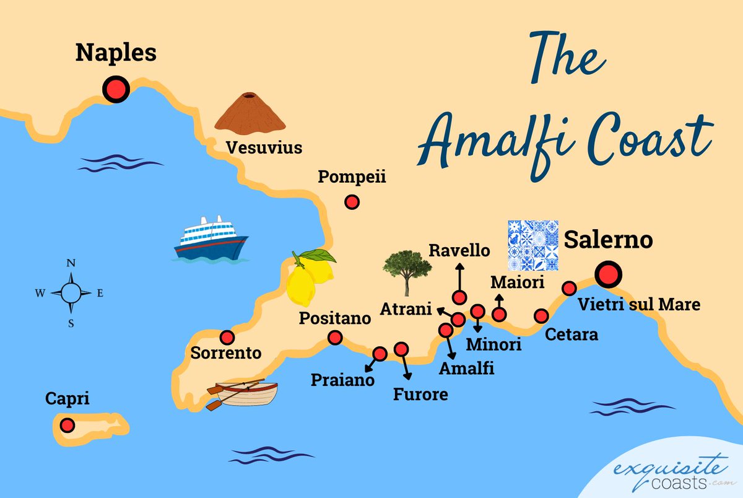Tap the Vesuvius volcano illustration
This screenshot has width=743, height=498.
click(250, 113)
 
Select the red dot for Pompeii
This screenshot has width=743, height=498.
click(352, 202)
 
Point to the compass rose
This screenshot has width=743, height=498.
click(71, 293)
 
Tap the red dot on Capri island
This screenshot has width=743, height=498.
click(67, 426)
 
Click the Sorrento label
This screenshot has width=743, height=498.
click(226, 354)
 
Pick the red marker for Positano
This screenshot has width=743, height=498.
click(335, 338)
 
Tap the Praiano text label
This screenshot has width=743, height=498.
click(343, 380)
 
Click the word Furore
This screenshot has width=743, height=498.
click(420, 394)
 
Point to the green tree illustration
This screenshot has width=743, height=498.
click(407, 271)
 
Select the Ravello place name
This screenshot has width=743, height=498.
click(459, 251)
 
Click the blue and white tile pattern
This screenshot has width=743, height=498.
click(532, 246)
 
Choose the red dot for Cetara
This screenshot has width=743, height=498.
click(541, 316)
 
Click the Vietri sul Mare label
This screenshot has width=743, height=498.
click(638, 305)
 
